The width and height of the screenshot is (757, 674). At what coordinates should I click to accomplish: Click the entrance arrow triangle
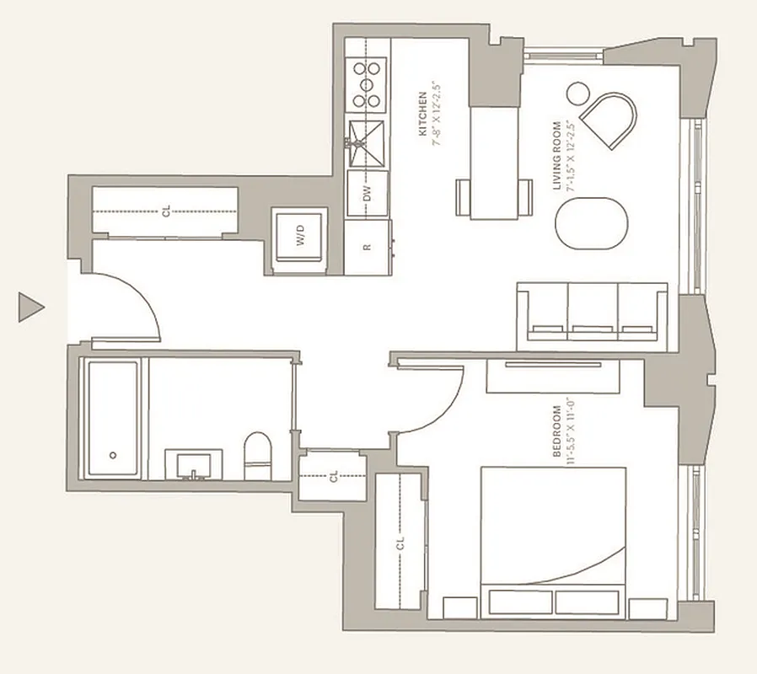(30, 307)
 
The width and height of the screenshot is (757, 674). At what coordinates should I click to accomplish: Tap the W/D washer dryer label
(301, 239)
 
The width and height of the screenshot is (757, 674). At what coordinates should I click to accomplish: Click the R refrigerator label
(367, 247)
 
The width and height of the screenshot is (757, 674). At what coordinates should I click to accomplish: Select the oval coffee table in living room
(592, 224)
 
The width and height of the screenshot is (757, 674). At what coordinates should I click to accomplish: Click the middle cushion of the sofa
(593, 311)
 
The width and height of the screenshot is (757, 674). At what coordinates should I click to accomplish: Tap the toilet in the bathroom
(256, 457)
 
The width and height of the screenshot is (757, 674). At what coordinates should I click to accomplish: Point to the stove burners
(367, 85)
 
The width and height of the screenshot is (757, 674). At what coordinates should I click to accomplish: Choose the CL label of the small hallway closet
(334, 476)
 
